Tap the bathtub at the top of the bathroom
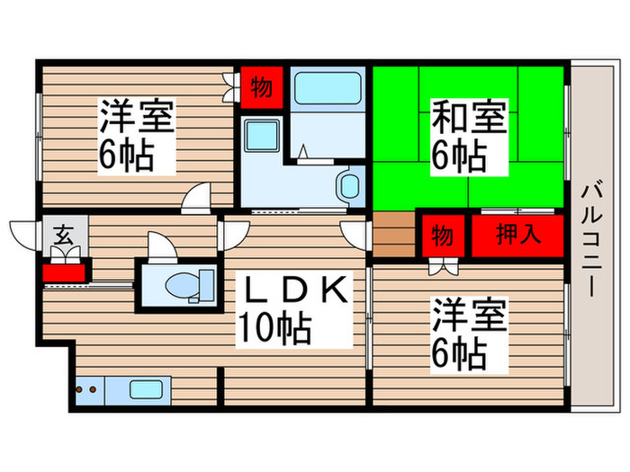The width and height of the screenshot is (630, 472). [x=327, y=88]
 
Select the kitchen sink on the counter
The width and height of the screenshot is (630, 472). [x=146, y=391]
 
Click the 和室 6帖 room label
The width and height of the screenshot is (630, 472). [x=469, y=138]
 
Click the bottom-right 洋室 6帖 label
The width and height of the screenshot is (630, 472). [x=470, y=334]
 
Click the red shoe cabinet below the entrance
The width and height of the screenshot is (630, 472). [x=66, y=271]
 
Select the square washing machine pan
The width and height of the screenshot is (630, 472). [x=266, y=139]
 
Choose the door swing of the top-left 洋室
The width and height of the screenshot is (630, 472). [x=196, y=199]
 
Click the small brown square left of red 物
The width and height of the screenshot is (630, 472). [x=392, y=233]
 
